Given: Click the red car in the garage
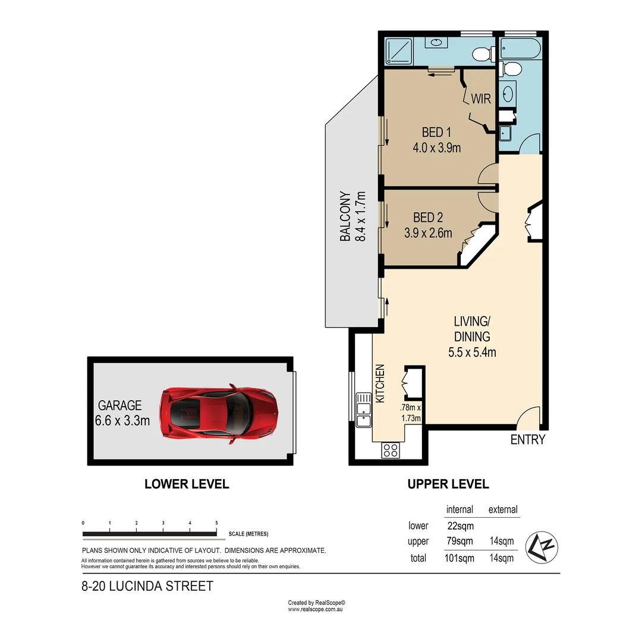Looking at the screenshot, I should point(219,414).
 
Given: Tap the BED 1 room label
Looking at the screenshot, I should point(436,133).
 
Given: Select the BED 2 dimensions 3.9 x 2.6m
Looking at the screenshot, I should point(428,234).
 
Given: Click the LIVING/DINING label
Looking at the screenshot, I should point(472,329).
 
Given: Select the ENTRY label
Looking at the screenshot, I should point(527,440).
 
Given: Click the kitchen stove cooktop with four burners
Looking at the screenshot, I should point(391,451).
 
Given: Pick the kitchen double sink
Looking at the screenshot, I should point(363,410).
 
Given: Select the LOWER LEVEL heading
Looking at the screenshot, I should point(187,484).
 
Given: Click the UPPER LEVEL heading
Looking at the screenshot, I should point(448,484).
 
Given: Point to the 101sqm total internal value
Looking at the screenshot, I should point(460,558).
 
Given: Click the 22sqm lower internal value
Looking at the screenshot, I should point(460,525).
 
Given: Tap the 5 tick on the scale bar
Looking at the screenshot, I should point(216,523).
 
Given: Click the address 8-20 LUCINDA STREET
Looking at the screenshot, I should point(147,587).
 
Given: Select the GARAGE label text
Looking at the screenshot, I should point(120,405).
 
